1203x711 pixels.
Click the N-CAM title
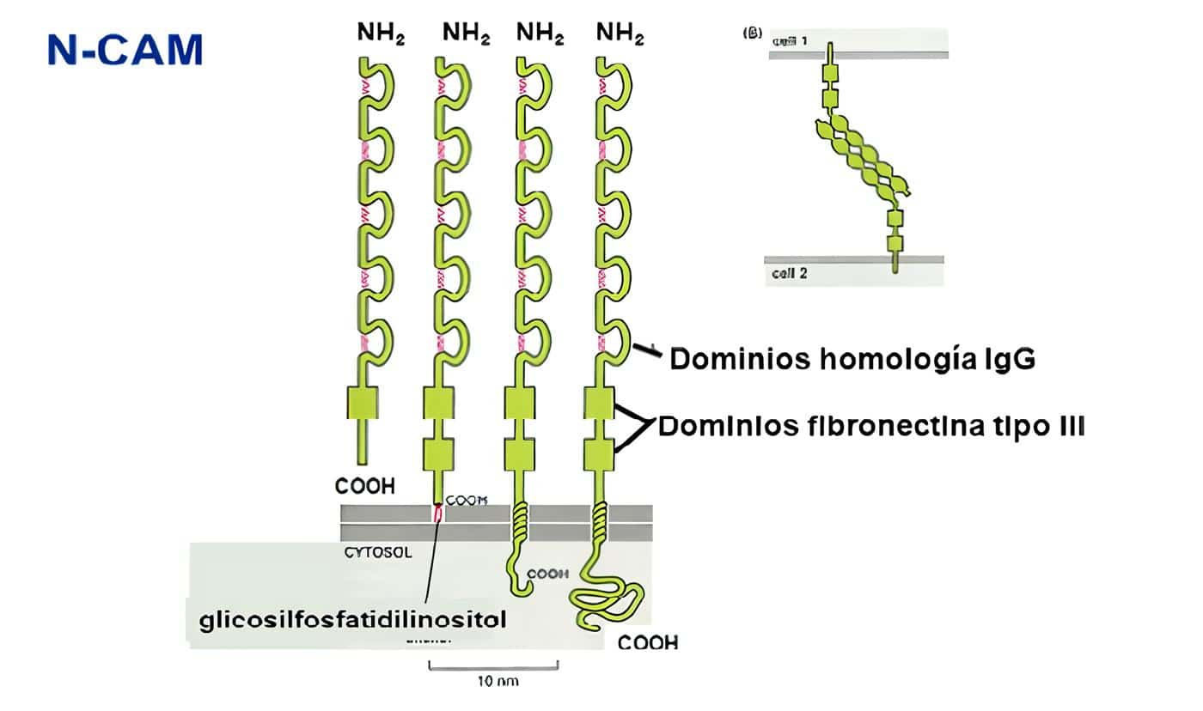[125, 50]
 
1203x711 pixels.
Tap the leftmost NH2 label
[381, 33]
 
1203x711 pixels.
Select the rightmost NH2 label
[620, 33]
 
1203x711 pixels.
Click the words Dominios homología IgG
[852, 358]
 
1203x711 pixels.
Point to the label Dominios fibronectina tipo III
[870, 426]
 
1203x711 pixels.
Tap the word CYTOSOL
[377, 553]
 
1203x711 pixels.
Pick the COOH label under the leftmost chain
[365, 486]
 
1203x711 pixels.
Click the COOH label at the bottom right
[648, 641]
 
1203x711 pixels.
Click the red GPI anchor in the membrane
[438, 514]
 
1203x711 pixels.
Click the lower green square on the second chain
[439, 453]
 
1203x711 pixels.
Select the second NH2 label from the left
[467, 33]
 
